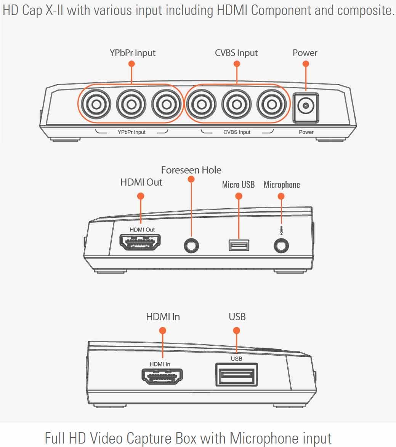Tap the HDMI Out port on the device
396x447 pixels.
140,242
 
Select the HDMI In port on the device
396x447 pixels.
162,377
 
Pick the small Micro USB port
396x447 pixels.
239,245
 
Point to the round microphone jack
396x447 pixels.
281,246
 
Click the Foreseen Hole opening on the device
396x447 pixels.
191,246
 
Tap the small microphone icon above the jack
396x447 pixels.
281,230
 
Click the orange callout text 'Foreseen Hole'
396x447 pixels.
191,170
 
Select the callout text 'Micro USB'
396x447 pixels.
238,185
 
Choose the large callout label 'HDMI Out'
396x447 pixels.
141,182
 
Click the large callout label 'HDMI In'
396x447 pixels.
163,316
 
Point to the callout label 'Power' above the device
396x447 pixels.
305,53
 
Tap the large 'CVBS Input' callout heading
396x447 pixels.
236,53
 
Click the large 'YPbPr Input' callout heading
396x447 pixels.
133,53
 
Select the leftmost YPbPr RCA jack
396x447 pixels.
96,104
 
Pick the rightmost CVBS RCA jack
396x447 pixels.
271,104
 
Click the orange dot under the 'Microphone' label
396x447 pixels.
281,196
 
